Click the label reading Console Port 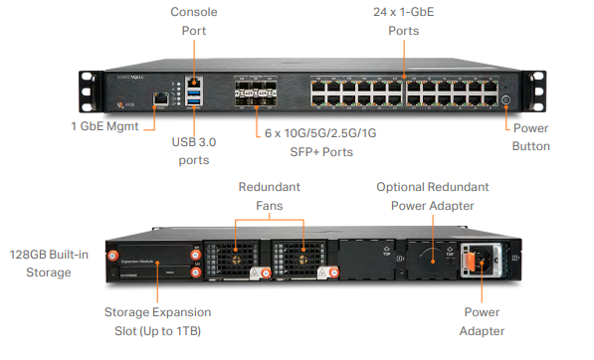(x=194, y=21)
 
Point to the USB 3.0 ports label (x=194, y=151)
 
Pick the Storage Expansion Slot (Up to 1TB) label (x=157, y=320)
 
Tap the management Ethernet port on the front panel (x=159, y=99)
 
